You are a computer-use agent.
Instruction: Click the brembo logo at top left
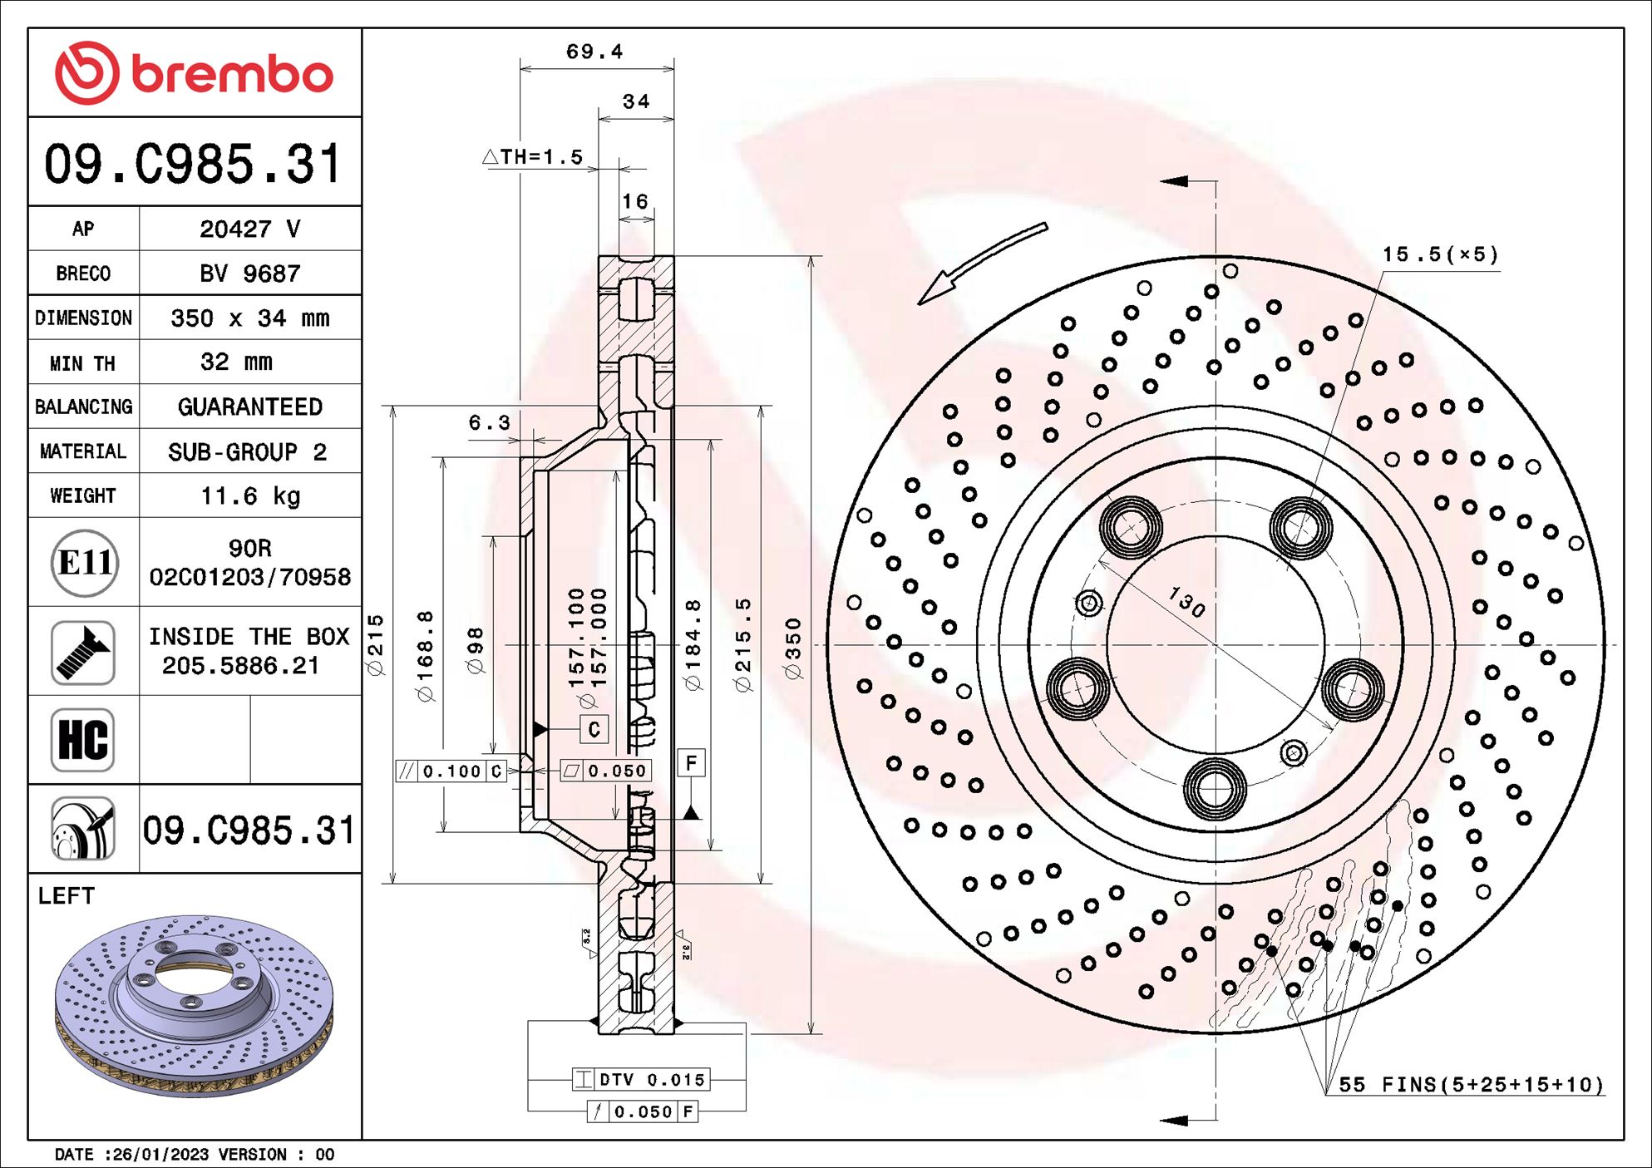(194, 73)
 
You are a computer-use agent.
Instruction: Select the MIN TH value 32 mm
(236, 362)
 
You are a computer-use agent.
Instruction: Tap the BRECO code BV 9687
(249, 274)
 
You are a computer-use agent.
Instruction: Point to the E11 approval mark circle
(84, 563)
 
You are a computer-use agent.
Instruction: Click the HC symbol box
(82, 740)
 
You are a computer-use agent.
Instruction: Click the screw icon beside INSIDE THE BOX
(82, 652)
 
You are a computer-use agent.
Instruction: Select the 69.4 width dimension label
(594, 52)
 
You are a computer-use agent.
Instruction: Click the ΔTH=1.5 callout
(534, 157)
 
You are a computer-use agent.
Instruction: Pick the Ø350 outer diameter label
(793, 648)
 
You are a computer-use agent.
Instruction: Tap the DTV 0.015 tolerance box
(640, 1080)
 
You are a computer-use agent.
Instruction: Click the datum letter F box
(691, 762)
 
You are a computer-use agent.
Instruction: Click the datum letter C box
(594, 729)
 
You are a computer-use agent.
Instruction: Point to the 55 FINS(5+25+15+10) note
(1470, 1085)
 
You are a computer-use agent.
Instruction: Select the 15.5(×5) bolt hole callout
(1440, 254)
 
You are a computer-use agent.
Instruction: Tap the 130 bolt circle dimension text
(1186, 602)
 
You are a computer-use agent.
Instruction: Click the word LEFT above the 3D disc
(67, 895)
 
